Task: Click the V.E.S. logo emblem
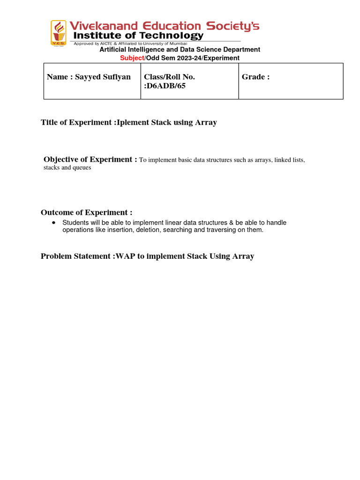59,32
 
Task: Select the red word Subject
132,58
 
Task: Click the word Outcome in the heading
59,212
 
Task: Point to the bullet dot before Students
54,222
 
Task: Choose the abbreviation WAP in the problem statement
124,256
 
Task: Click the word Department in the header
241,50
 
